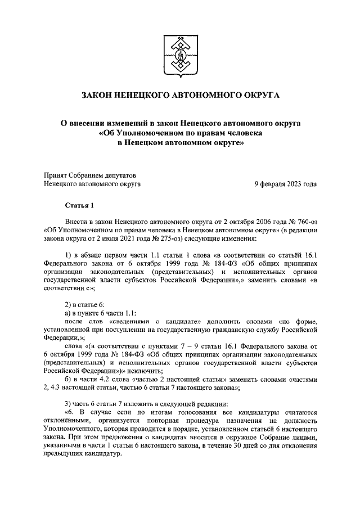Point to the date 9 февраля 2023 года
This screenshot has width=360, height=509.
coord(285,183)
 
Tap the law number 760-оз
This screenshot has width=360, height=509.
coord(308,223)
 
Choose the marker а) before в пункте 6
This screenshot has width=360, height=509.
coord(68,313)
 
